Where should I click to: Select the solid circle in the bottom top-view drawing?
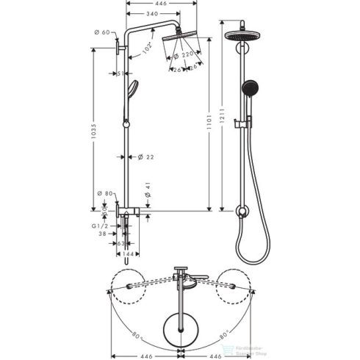click(x=179, y=321)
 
